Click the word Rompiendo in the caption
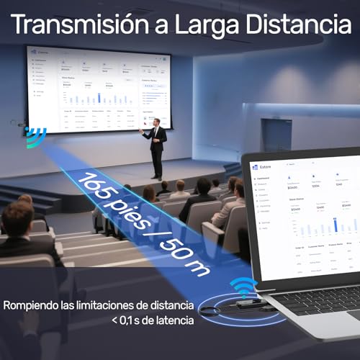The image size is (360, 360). (36, 305)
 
